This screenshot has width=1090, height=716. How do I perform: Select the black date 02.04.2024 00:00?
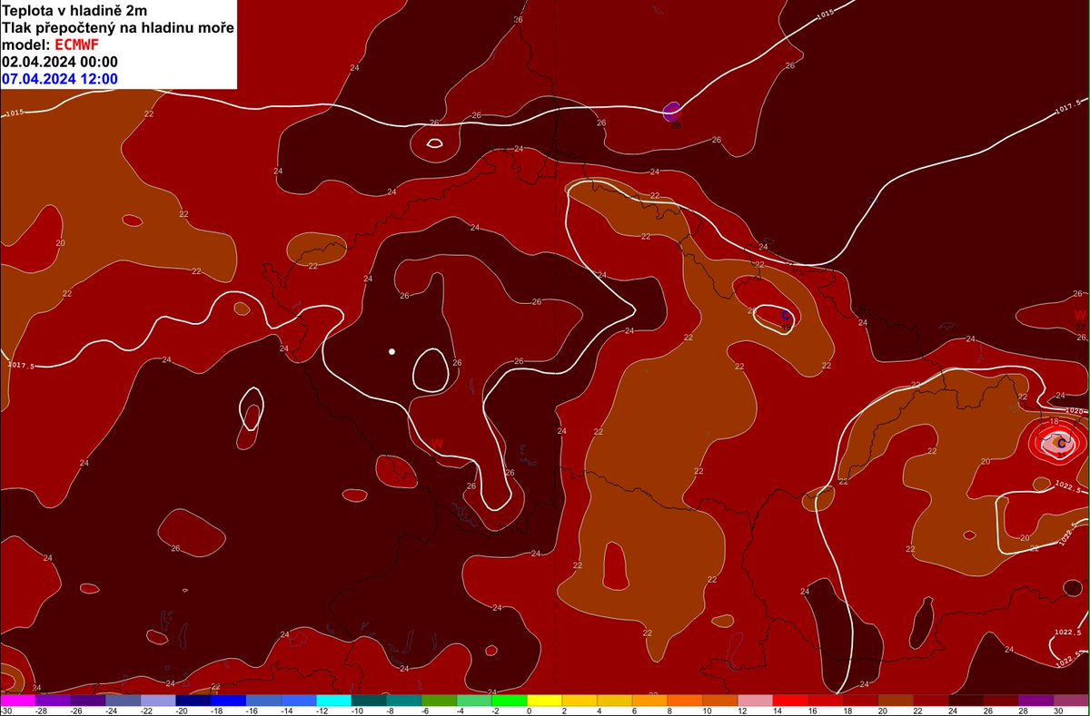click(x=60, y=62)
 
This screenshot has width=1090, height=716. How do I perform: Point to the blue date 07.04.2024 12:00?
click(x=60, y=79)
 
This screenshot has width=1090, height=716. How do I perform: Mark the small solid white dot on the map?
click(x=391, y=350)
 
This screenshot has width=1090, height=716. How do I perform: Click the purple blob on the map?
click(x=671, y=112)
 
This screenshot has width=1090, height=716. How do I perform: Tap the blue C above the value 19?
click(x=786, y=316)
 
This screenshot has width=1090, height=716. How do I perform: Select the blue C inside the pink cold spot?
click(x=1060, y=443)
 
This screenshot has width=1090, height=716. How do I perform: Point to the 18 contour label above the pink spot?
click(x=1054, y=422)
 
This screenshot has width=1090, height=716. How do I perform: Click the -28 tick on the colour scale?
click(x=43, y=711)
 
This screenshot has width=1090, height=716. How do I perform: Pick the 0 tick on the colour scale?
click(x=530, y=711)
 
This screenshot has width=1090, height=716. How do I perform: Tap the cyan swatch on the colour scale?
click(x=333, y=701)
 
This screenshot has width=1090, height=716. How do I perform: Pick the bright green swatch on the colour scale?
click(x=509, y=701)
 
